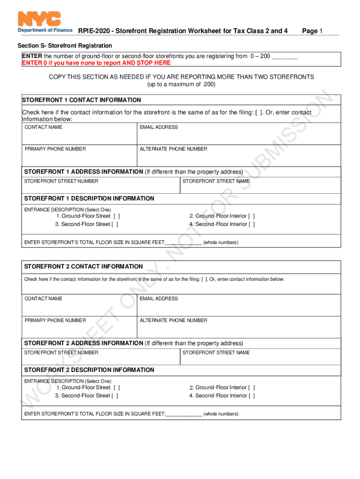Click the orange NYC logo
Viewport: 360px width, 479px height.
point(39,19)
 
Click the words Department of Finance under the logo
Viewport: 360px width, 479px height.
point(45,30)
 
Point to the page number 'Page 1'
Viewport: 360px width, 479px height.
point(312,31)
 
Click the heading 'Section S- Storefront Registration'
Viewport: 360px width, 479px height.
point(65,46)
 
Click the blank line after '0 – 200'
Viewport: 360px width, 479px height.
point(285,57)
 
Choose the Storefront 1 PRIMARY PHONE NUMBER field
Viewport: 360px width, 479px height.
point(79,157)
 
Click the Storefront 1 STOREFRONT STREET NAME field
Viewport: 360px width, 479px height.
point(260,186)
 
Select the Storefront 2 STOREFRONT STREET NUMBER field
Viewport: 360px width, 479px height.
point(101,358)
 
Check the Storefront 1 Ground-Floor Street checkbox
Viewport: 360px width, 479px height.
point(116,216)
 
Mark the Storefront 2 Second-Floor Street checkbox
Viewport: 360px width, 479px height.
point(115,396)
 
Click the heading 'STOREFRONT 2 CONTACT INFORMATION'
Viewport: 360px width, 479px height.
point(83,267)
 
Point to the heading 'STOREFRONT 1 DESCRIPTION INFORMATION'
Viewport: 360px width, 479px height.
point(89,199)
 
